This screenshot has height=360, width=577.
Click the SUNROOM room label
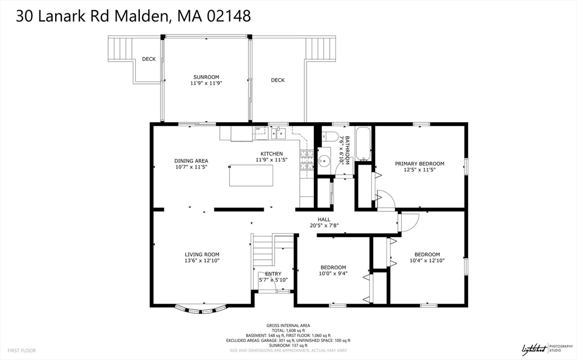[206, 77]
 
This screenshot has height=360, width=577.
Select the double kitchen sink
[278, 133]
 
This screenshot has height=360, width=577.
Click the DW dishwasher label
[258, 129]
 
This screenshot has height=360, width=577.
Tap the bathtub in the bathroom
[363, 144]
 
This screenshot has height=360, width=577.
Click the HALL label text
[323, 220]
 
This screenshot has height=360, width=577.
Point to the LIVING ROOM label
[202, 255]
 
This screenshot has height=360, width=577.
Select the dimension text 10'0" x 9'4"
[333, 274]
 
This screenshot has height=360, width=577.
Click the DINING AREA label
[191, 161]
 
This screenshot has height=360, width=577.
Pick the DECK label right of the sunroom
[278, 80]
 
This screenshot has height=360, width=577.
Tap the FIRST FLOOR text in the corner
[22, 350]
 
